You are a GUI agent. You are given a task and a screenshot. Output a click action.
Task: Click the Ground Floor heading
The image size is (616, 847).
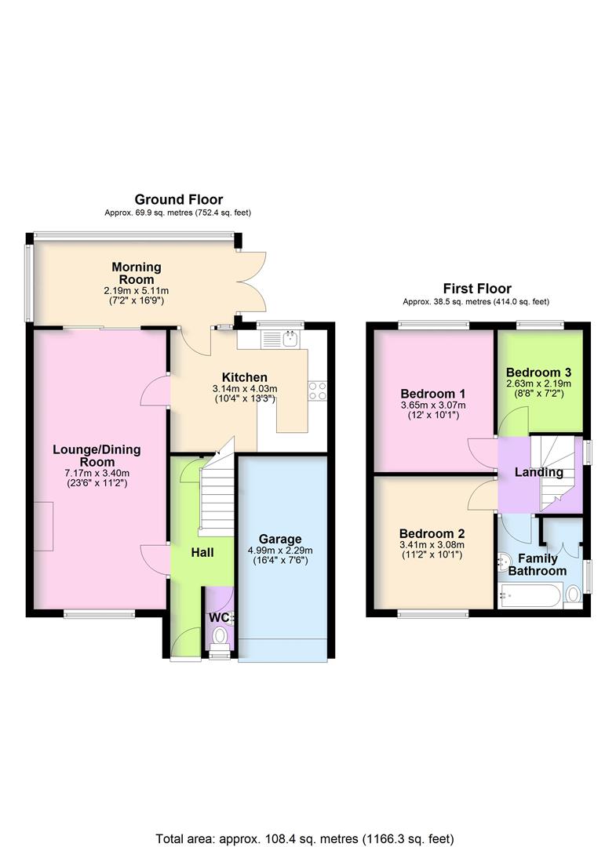[178, 200]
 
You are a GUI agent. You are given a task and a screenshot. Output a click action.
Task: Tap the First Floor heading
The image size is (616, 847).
[476, 289]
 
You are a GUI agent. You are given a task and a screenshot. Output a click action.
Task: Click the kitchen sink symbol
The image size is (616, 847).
[282, 339]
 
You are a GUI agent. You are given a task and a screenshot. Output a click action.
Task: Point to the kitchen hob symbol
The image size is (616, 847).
[318, 390]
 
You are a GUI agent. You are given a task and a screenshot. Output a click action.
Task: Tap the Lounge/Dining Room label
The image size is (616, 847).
[97, 455]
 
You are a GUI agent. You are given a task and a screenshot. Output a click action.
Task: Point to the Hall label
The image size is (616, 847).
[202, 553]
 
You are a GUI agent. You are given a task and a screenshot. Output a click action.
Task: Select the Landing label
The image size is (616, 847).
[538, 472]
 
